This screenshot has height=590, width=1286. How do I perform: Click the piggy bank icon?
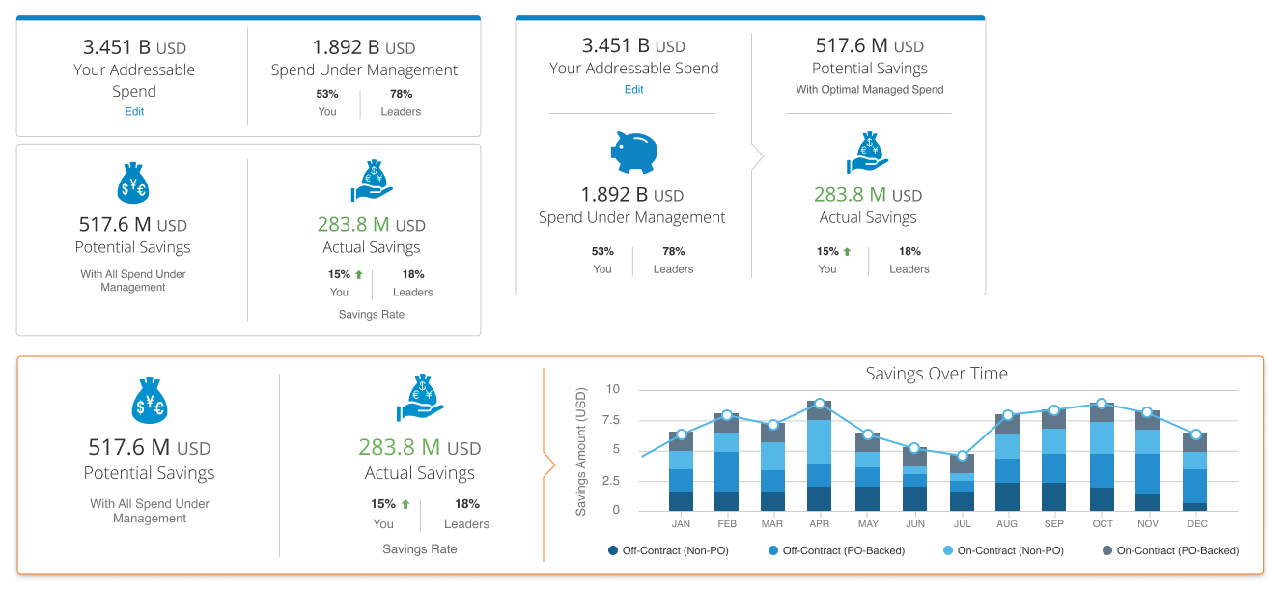point(634,152)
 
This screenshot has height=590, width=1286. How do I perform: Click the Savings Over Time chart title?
point(936,373)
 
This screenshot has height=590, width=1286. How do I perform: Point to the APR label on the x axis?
point(819,523)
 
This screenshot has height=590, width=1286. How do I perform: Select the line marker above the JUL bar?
point(962,455)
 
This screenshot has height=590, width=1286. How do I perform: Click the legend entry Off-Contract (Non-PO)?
point(669,550)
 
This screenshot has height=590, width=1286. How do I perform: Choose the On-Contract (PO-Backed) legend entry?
point(1171,550)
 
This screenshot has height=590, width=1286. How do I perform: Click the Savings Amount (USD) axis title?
point(580,451)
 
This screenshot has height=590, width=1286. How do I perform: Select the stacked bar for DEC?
point(1194,472)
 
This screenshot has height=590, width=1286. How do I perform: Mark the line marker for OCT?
point(1101,403)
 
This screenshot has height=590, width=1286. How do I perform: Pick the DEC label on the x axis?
point(1197,523)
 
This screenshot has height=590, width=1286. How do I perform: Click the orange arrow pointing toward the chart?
point(549,465)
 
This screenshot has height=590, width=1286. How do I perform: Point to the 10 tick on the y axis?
point(613,389)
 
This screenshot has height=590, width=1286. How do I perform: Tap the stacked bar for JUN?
point(915,479)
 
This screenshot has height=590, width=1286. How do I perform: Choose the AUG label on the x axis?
point(1006,523)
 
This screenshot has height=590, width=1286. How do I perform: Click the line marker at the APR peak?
point(819,403)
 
